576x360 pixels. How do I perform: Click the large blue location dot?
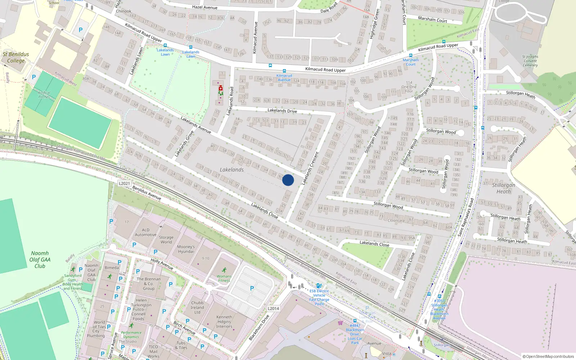[x=288, y=180]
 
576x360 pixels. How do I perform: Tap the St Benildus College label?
[x=16, y=58]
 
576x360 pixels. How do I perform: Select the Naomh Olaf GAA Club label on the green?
[x=40, y=260]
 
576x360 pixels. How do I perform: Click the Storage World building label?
[x=166, y=240]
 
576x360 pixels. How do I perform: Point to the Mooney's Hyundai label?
[x=186, y=249]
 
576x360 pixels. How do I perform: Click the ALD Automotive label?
[x=145, y=232]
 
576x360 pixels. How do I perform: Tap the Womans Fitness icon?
[x=224, y=270]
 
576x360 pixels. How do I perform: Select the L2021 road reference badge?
[x=124, y=184]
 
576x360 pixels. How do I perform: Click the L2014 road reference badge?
[x=273, y=309]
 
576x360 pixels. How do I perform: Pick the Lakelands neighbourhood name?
[x=232, y=170]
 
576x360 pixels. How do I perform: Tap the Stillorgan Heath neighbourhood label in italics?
[x=504, y=188]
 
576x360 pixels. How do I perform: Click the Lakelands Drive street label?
[x=282, y=111]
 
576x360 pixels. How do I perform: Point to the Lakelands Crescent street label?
[x=310, y=168]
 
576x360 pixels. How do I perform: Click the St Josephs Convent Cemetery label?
[x=530, y=61]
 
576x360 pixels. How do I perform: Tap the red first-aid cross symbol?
[x=221, y=88]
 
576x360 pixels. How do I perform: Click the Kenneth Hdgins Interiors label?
[x=224, y=322]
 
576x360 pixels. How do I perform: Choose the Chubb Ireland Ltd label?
[x=197, y=307]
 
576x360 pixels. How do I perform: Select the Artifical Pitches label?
[x=44, y=95]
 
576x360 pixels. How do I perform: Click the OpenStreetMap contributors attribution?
[x=548, y=356]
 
